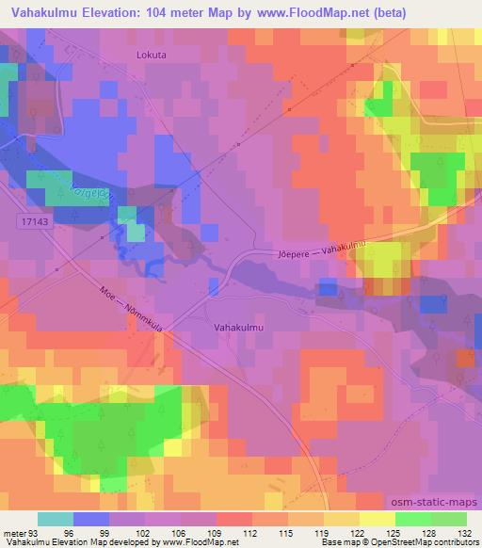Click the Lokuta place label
[151, 56]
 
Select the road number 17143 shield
[33, 218]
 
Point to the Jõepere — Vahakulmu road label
[320, 248]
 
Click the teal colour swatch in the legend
[56, 518]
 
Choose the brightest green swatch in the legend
[412, 518]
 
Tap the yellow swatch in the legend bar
[377, 518]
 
